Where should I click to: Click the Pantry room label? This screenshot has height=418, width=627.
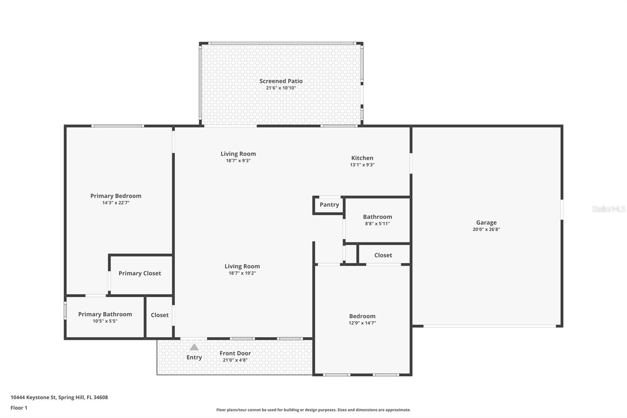pos(329,205)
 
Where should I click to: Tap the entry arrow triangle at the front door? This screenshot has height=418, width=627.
pos(194,347)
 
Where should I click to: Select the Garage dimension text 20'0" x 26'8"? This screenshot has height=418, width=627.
pos(486,229)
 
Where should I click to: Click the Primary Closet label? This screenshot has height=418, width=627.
pos(140,273)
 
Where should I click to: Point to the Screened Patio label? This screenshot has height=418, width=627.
pos(281,81)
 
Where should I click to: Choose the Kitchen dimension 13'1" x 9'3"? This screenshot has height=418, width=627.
pos(362,165)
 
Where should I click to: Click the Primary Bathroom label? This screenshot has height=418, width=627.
pos(105,314)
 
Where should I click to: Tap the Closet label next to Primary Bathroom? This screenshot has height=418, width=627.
pos(159,315)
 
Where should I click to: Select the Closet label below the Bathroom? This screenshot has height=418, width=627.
pos(383,255)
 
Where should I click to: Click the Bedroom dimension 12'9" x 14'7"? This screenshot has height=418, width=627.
pos(362,323)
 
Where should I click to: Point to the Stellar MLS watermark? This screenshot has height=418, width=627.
pos(608,209)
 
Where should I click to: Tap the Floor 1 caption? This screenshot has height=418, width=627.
pos(19,408)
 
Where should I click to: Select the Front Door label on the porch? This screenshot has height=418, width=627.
pos(235,353)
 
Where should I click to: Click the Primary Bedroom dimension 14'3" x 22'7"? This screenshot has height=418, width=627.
pos(116,203)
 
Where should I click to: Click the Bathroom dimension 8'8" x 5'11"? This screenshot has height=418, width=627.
pos(377,224)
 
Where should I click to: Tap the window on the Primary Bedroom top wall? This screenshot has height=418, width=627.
pos(118,126)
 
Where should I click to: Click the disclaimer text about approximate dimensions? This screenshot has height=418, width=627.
pos(313,410)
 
